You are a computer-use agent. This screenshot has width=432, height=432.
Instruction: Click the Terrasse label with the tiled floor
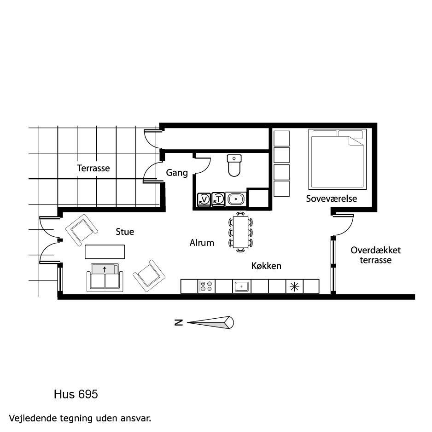click(93, 168)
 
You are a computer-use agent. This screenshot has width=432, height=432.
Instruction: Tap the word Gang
click(177, 173)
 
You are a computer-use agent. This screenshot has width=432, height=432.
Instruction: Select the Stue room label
click(125, 232)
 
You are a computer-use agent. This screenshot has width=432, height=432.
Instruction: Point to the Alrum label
click(202, 243)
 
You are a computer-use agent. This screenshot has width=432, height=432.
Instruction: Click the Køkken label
click(266, 266)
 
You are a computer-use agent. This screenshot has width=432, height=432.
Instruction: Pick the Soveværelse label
click(332, 198)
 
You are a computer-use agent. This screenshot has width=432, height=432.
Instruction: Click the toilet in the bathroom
click(234, 165)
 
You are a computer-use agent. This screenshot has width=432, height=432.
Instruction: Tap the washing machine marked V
click(204, 199)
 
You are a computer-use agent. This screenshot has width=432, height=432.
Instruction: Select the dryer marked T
click(218, 199)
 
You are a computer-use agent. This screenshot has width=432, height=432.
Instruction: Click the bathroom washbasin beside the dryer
click(236, 199)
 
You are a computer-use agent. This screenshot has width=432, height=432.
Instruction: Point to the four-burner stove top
click(206, 286)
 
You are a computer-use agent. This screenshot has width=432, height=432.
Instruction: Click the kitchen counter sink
click(242, 286)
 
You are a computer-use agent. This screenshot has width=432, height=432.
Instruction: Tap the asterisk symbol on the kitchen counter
click(294, 287)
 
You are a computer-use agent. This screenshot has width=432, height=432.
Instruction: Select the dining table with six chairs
click(241, 232)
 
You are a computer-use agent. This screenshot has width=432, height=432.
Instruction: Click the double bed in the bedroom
click(338, 159)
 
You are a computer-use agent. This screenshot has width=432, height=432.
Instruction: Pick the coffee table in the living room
click(105, 252)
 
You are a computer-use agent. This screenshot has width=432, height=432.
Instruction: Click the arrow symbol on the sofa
click(105, 269)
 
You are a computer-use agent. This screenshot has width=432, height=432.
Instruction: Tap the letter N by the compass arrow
click(179, 323)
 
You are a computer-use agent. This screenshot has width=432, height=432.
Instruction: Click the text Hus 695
click(76, 394)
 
